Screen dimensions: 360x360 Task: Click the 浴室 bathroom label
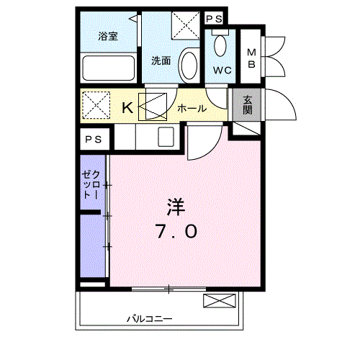click(108, 36)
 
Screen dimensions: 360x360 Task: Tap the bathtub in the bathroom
click(109, 68)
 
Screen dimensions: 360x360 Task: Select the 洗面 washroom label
click(161, 61)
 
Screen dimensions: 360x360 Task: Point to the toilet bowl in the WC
click(220, 45)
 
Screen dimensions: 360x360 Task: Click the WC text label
click(222, 71)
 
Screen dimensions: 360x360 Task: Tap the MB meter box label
click(251, 58)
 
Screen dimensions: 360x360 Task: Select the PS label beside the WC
click(215, 19)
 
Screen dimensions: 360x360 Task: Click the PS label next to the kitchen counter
click(94, 140)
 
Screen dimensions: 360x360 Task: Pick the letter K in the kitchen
click(127, 108)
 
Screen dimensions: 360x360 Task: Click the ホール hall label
click(192, 109)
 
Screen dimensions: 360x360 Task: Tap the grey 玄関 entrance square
click(247, 105)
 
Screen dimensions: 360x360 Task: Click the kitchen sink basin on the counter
click(166, 137)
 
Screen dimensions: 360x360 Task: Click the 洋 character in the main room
click(176, 207)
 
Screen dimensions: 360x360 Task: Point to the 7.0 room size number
click(177, 231)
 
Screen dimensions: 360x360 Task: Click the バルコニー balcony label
click(150, 319)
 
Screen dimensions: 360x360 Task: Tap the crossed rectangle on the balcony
click(220, 301)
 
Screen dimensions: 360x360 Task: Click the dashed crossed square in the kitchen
click(96, 105)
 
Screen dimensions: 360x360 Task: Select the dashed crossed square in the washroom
click(186, 25)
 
